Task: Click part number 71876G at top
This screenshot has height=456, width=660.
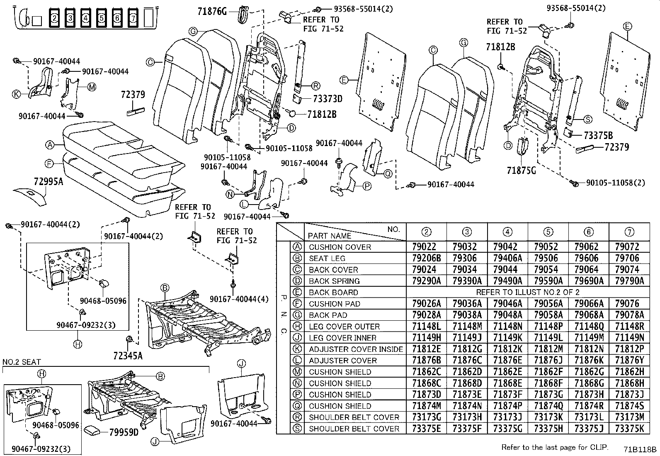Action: [212, 12]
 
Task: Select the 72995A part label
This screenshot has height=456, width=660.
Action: [48, 181]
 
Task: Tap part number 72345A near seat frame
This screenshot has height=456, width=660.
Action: [127, 355]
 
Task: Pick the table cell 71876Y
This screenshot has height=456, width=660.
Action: [629, 361]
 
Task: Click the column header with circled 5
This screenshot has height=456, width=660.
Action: [548, 232]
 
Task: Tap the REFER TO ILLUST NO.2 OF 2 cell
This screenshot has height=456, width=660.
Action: [527, 292]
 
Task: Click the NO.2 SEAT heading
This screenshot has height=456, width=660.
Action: [22, 362]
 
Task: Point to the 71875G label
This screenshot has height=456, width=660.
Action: [521, 170]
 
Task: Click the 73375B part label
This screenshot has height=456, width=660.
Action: [598, 135]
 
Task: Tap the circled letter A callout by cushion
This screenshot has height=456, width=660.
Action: [50, 145]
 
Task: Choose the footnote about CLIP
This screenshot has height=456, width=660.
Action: [555, 447]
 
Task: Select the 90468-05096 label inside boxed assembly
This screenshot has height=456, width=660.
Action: [103, 301]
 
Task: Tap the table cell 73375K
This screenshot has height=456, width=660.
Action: [629, 429]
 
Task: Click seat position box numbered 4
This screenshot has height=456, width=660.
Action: [85, 18]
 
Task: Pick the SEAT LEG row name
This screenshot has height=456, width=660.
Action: [327, 258]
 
